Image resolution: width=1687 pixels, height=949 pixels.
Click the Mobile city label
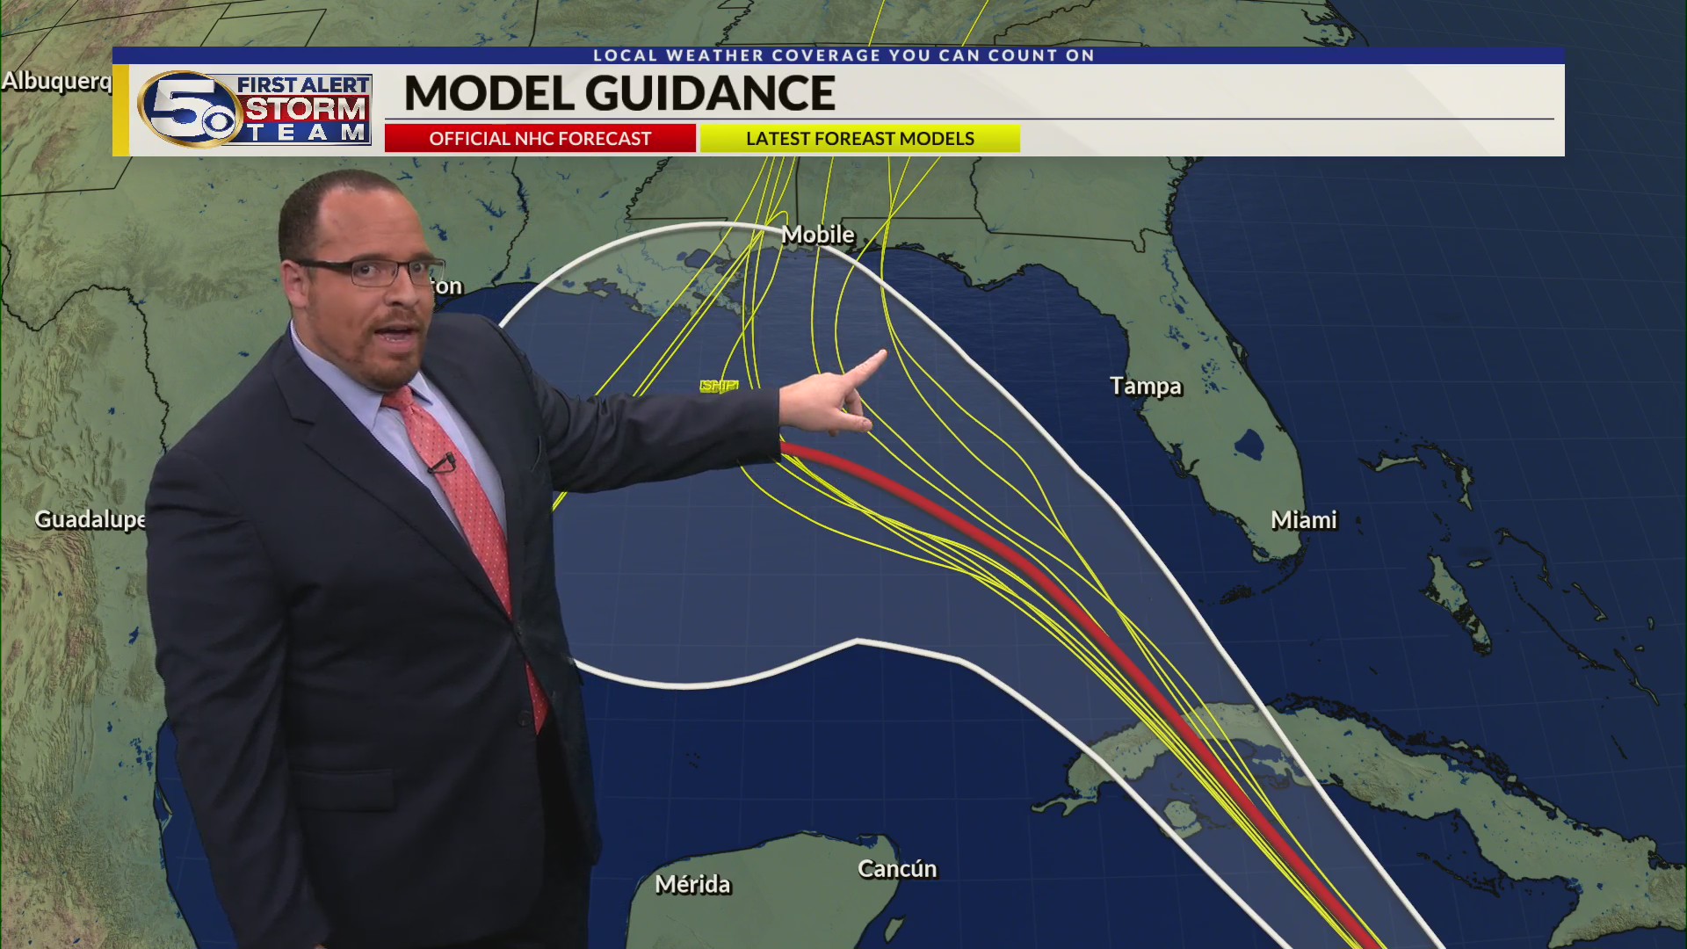point(817,235)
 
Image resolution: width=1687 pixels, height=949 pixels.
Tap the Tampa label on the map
point(1145,386)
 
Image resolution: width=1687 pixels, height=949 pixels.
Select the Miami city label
point(1303,520)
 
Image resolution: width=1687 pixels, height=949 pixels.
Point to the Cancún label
point(896,869)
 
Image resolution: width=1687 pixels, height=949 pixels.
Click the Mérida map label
point(692,884)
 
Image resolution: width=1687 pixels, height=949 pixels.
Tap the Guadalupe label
point(90,519)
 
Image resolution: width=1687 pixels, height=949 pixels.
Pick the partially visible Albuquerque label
point(56,81)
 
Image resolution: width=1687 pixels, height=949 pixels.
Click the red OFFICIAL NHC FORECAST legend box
point(539,139)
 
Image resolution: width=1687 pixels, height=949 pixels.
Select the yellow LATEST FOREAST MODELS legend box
point(859,139)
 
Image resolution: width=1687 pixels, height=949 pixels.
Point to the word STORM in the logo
point(305,109)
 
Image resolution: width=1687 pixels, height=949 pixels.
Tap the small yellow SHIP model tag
point(718,386)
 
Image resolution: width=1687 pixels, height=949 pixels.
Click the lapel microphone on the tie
point(445,460)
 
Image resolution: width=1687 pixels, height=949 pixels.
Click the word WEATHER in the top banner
point(715,55)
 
